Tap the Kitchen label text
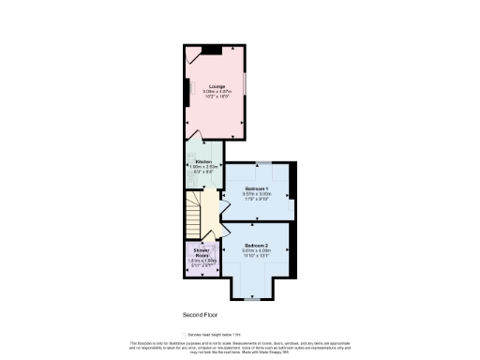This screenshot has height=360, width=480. (202, 161)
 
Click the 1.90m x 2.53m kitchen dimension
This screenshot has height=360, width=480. (202, 167)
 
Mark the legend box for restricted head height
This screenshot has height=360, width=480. (185, 333)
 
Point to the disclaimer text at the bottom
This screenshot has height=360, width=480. (239, 347)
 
